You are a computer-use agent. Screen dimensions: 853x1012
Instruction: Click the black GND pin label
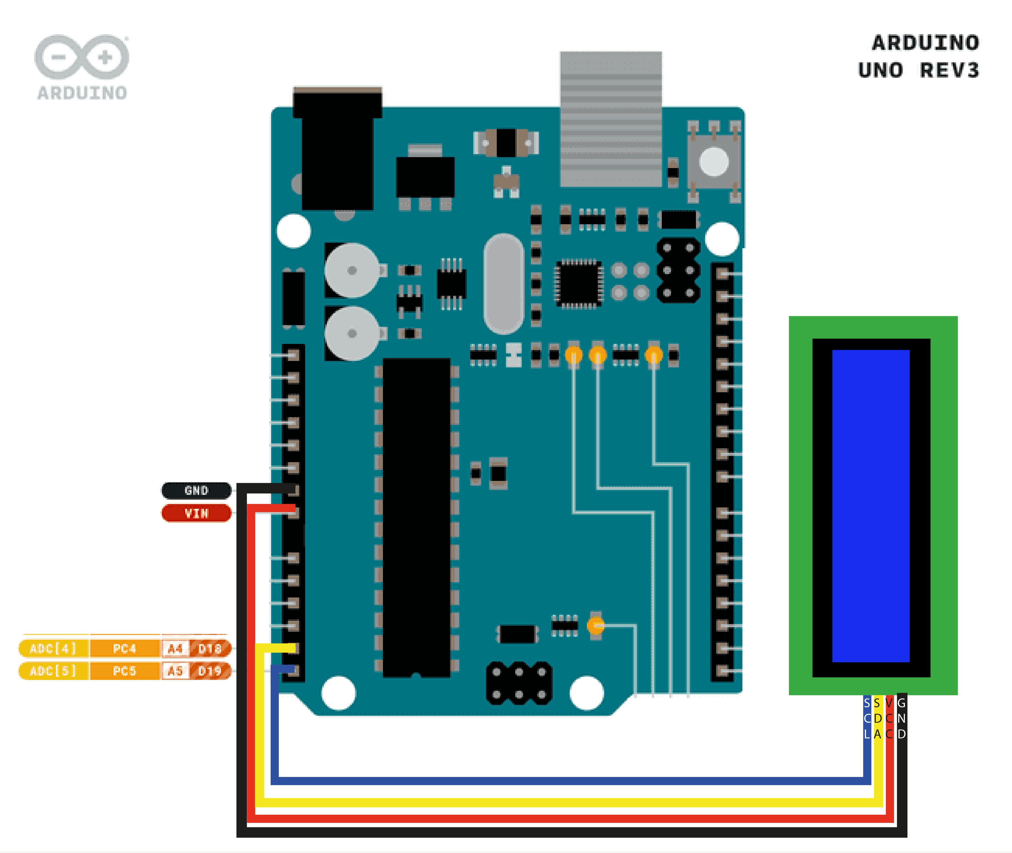coord(196,490)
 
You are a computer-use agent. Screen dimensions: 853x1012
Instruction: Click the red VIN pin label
coord(196,513)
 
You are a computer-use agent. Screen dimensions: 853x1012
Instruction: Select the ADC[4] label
coord(53,648)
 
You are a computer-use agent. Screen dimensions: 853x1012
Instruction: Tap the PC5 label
coord(124,671)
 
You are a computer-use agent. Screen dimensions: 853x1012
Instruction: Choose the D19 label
coord(210,671)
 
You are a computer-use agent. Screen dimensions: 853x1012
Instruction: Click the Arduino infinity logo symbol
coord(81,57)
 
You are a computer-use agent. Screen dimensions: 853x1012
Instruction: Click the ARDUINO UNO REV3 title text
coord(918,56)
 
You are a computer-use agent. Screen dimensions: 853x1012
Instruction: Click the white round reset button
coord(714,161)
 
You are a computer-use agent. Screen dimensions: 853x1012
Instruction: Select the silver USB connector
coord(611,119)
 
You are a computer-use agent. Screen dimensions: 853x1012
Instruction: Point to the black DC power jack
coord(337,150)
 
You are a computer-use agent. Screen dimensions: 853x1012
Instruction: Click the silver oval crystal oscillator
coord(503,284)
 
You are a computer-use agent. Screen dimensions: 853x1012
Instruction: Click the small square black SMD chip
coord(578,284)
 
